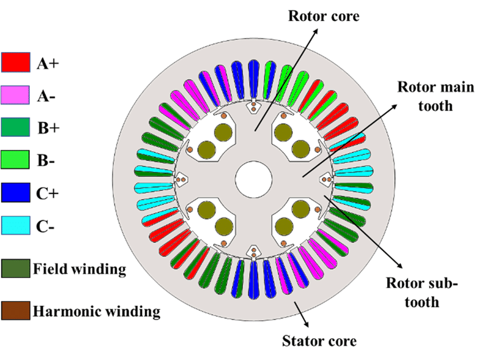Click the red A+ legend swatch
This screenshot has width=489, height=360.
coord(15,62)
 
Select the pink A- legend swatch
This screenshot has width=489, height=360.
coord(15,95)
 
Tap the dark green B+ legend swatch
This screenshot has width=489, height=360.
coord(15,127)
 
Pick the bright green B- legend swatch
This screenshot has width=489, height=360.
coord(15,160)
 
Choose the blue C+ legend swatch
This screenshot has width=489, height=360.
coord(15,192)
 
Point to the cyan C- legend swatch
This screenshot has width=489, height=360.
coord(15,225)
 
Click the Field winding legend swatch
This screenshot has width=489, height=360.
coord(15,269)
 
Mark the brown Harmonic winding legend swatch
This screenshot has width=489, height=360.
coord(15,311)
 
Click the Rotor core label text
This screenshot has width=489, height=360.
coord(323,16)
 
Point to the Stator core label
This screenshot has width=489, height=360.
coord(319,341)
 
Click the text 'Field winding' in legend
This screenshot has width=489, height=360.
coord(79,269)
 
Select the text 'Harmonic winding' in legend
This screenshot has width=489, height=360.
coord(97,312)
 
